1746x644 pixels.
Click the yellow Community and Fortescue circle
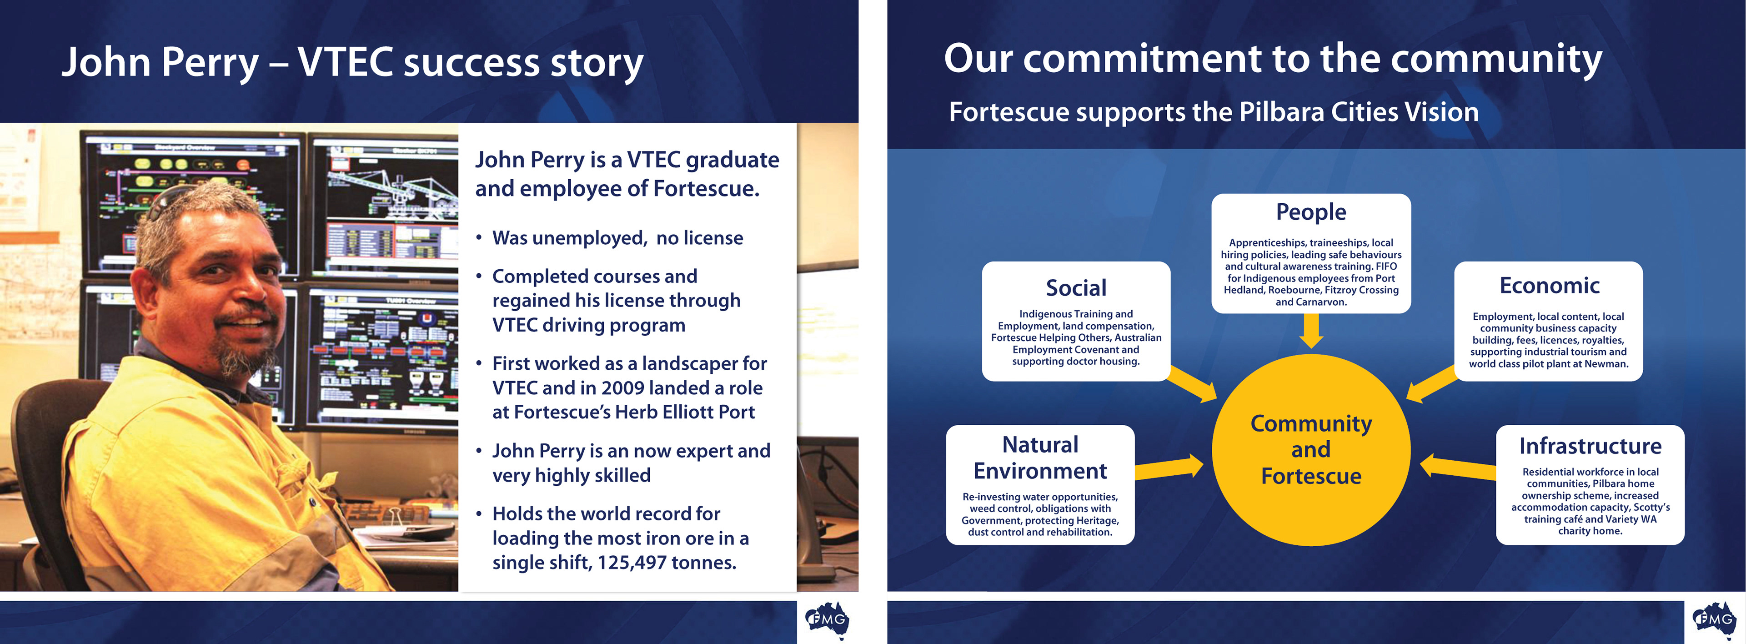point(1311,449)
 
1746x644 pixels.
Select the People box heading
point(1311,212)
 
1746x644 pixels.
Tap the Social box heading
point(1076,288)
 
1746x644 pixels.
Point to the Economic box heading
point(1550,286)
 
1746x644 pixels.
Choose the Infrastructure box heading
point(1590,446)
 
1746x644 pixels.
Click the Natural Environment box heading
point(1040,458)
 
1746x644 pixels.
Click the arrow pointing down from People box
point(1311,331)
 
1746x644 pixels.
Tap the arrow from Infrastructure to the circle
point(1457,467)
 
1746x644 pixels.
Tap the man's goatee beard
point(244,356)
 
